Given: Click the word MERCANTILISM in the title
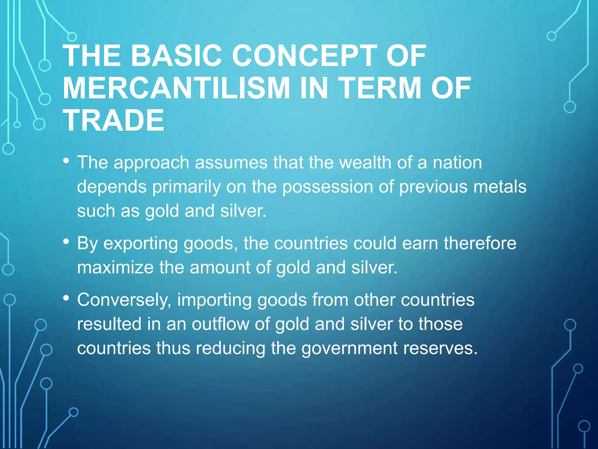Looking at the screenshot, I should click(x=176, y=88).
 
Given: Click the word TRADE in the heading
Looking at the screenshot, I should click(x=114, y=120).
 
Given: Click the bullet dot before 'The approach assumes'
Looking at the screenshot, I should click(x=66, y=161).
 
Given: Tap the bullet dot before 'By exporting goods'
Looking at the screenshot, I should click(x=66, y=241).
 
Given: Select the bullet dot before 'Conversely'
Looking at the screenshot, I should click(x=66, y=298).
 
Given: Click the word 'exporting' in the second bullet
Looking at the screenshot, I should click(x=140, y=244).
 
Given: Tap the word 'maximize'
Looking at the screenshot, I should click(x=115, y=267).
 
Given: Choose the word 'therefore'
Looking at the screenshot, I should click(x=480, y=243).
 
